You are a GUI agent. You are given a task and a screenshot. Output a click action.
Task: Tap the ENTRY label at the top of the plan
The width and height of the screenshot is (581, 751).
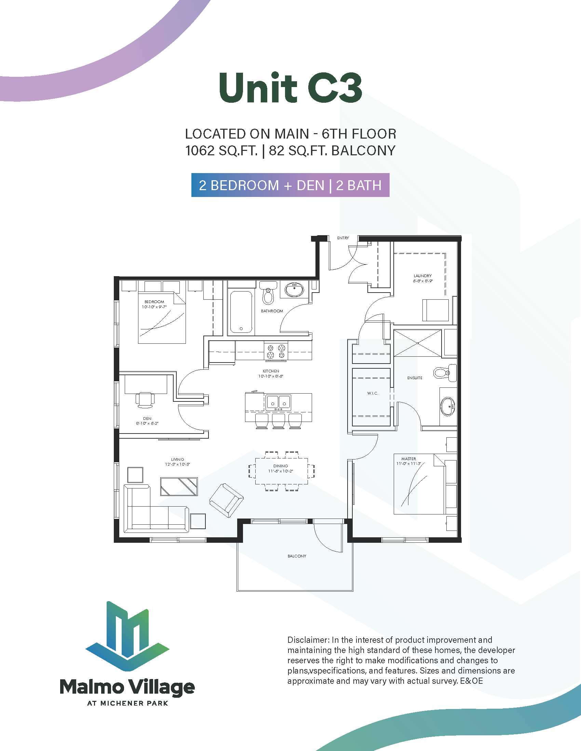[343, 238]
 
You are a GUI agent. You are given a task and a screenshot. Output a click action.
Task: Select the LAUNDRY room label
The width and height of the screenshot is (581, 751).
[422, 276]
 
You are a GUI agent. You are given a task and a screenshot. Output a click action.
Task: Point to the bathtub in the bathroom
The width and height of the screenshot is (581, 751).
[241, 312]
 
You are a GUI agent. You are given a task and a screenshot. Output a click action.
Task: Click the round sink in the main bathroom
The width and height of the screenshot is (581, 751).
[294, 289]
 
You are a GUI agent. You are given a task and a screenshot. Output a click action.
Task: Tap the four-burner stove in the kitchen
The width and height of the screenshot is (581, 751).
[276, 351]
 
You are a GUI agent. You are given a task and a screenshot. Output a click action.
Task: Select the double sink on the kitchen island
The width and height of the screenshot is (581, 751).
[278, 403]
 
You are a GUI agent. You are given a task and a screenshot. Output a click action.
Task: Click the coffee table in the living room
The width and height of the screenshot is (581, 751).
[179, 486]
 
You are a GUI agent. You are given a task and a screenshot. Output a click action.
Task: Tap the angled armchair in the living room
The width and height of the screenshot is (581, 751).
[227, 500]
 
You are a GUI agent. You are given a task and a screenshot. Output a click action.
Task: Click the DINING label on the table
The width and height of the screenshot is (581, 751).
[281, 466]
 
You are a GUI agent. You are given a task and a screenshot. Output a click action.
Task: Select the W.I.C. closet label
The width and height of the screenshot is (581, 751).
[373, 393]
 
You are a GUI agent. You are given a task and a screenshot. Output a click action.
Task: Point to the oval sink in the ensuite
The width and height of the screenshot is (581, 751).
[448, 407]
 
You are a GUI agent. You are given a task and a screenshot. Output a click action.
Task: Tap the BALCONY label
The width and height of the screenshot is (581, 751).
[297, 556]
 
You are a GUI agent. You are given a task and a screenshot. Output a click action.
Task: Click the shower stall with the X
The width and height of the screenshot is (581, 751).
[418, 343]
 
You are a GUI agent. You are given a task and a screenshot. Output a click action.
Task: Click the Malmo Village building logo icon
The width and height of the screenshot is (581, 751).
[127, 636]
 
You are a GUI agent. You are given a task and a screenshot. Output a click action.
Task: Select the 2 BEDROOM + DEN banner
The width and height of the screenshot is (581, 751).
[290, 185]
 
